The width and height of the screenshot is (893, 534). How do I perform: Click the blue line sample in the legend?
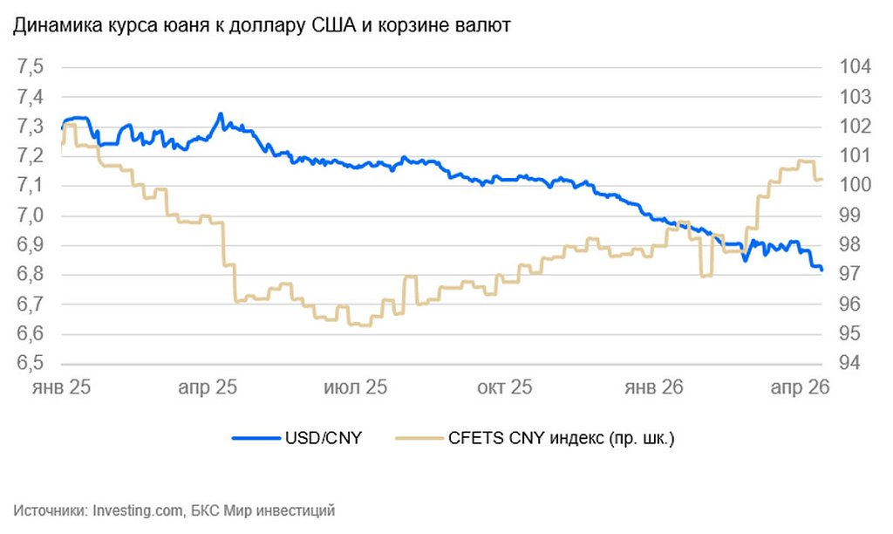(254, 439)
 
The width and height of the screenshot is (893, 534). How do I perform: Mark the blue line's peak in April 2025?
(221, 114)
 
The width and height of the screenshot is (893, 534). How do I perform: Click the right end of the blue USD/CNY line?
(821, 269)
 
